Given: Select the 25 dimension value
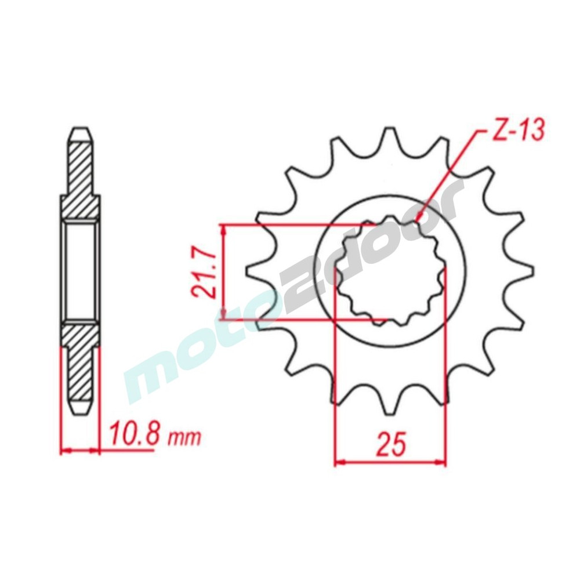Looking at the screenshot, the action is (390, 443).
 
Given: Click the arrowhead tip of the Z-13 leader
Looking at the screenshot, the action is (417, 222).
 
